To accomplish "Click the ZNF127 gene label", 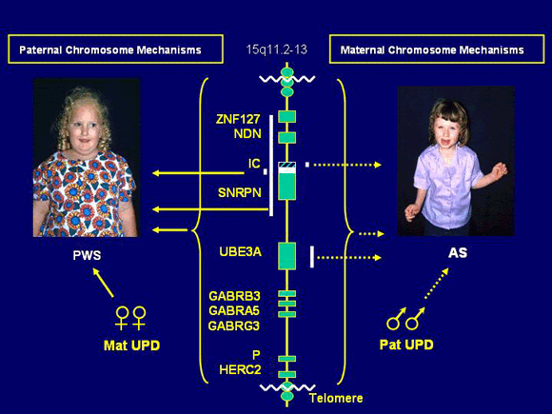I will (x=238, y=119).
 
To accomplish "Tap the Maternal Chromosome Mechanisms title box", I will (x=436, y=49).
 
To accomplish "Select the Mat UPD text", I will (x=129, y=345).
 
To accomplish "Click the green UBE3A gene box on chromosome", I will (x=286, y=255).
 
